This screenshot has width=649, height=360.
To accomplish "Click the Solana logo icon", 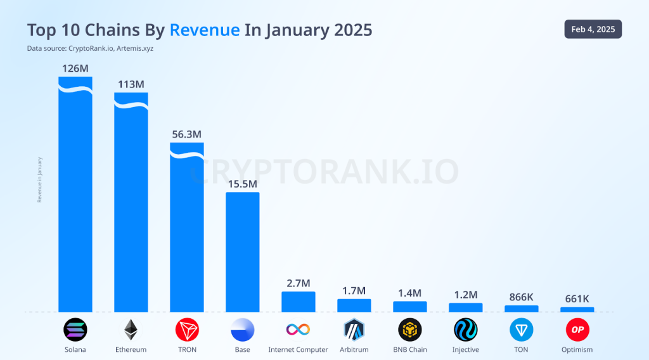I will click(75, 330).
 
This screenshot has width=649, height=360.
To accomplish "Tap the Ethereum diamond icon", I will click(131, 330).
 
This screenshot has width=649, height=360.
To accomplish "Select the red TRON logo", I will click(187, 330).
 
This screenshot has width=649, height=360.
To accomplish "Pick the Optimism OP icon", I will click(577, 330).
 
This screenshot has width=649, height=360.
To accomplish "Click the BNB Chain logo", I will click(410, 330).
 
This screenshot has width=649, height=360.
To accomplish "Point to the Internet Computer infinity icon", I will click(298, 330).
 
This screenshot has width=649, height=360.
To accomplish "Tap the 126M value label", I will click(75, 68).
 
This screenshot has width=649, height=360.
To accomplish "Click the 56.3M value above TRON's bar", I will click(187, 134).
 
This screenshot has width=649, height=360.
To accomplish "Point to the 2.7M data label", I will click(298, 283).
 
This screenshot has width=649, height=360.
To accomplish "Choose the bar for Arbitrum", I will click(354, 305).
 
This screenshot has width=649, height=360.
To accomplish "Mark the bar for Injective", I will click(465, 307).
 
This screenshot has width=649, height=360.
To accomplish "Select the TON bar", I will click(521, 309).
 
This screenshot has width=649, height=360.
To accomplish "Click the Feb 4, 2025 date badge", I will click(593, 29).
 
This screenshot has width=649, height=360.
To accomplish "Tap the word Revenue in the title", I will click(205, 30).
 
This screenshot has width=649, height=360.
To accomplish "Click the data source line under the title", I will click(90, 48).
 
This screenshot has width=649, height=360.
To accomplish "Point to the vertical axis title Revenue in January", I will click(39, 179).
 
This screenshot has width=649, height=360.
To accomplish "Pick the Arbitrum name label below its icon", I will click(354, 349).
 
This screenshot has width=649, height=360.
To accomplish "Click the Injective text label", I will click(465, 349).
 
